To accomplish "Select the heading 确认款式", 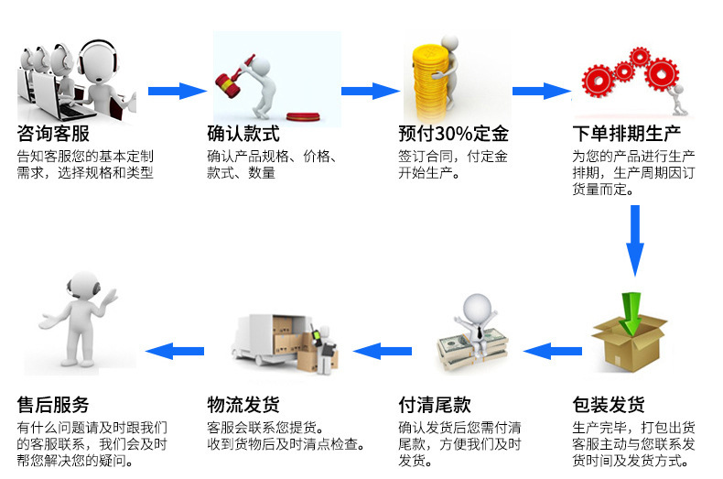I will pos(243,134).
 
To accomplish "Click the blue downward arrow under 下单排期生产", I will pos(634,240).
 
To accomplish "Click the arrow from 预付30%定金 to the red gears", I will pos(541,90).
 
